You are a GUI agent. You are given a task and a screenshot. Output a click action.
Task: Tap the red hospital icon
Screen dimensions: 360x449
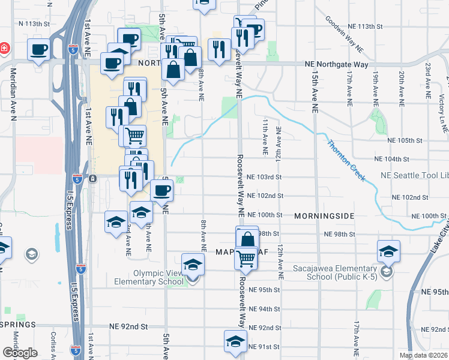(x=4, y=47)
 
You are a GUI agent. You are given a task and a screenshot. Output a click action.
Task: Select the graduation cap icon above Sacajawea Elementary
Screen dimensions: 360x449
(x=388, y=251)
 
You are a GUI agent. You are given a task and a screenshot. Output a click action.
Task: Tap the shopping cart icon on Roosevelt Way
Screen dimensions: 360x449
(x=246, y=259)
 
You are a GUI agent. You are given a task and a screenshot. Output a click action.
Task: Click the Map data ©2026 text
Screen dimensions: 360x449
(x=424, y=355)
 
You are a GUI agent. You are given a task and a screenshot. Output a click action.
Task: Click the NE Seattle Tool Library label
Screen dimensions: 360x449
(x=415, y=177)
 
